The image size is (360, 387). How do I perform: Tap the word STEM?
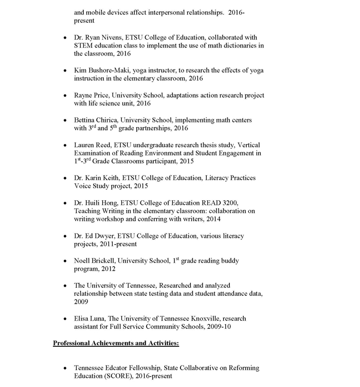(84, 45)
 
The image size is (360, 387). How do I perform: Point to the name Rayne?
(83, 96)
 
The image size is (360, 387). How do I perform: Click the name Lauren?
(84, 145)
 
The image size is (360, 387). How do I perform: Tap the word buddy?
(228, 261)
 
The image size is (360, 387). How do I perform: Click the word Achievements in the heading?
(111, 343)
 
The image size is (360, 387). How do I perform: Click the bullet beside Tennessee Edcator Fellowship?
(64, 368)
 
